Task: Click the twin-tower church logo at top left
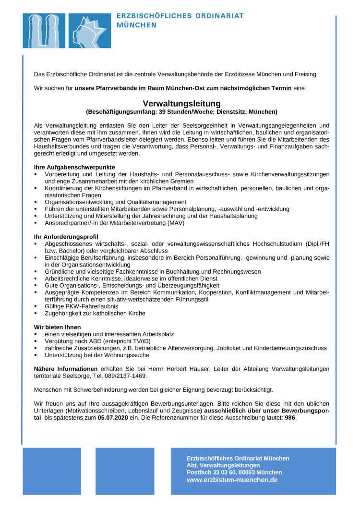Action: tap(44, 31)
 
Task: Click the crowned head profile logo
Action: tap(90, 31)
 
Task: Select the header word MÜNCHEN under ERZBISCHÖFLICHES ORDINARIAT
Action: tap(137, 25)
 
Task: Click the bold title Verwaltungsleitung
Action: tap(181, 103)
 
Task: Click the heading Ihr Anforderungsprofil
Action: tap(66, 237)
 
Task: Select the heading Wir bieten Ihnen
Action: tap(58, 327)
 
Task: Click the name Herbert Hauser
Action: tap(161, 368)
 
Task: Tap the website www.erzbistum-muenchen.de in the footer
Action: tap(232, 480)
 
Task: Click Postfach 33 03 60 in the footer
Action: tap(210, 473)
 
